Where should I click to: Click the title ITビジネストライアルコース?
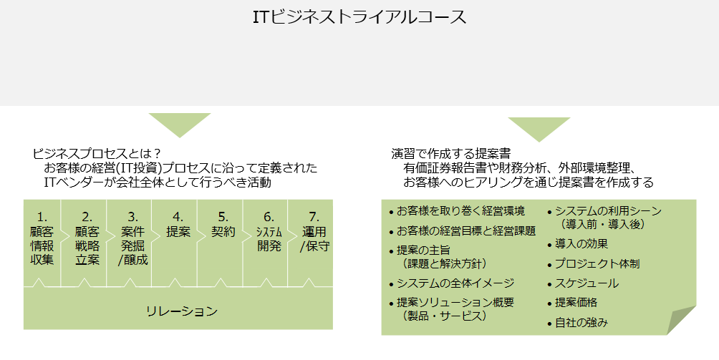pyautogui.click(x=359, y=17)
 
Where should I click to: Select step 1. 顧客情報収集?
pyautogui.click(x=42, y=238)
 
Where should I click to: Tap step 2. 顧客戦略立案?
pyautogui.click(x=87, y=238)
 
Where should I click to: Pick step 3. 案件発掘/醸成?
pyautogui.click(x=132, y=238)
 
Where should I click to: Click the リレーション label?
pyautogui.click(x=181, y=311)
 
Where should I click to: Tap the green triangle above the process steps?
pyautogui.click(x=179, y=123)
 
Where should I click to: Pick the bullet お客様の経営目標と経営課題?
pyautogui.click(x=465, y=231)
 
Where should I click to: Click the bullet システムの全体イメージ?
pyautogui.click(x=455, y=283)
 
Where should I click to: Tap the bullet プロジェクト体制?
pyautogui.click(x=597, y=263)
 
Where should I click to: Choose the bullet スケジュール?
pyautogui.click(x=587, y=283)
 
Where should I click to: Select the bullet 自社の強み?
pyautogui.click(x=582, y=323)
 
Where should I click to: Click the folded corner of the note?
pyautogui.click(x=682, y=320)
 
